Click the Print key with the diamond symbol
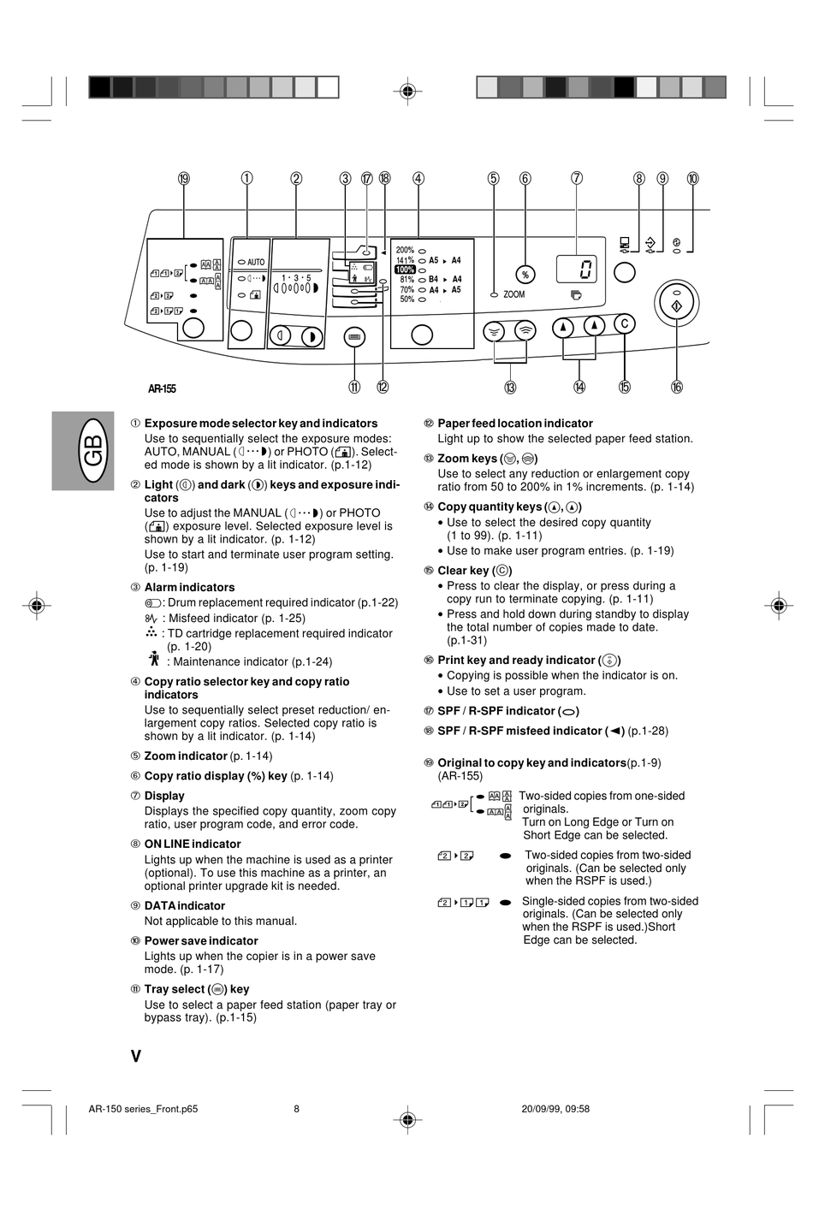point(677,304)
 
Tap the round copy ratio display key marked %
point(525,274)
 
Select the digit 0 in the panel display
point(585,270)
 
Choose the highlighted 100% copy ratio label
point(405,270)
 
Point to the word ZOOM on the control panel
point(514,294)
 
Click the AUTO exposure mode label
point(256,262)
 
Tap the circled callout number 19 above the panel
point(184,179)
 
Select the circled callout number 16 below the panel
point(677,387)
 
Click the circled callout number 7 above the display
point(577,179)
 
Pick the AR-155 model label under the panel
point(162,388)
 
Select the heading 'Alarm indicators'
point(189,587)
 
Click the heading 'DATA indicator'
point(185,905)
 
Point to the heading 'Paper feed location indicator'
point(514,423)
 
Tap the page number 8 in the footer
point(297,1109)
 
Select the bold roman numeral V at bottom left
point(136,1056)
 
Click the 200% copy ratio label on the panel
point(405,250)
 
